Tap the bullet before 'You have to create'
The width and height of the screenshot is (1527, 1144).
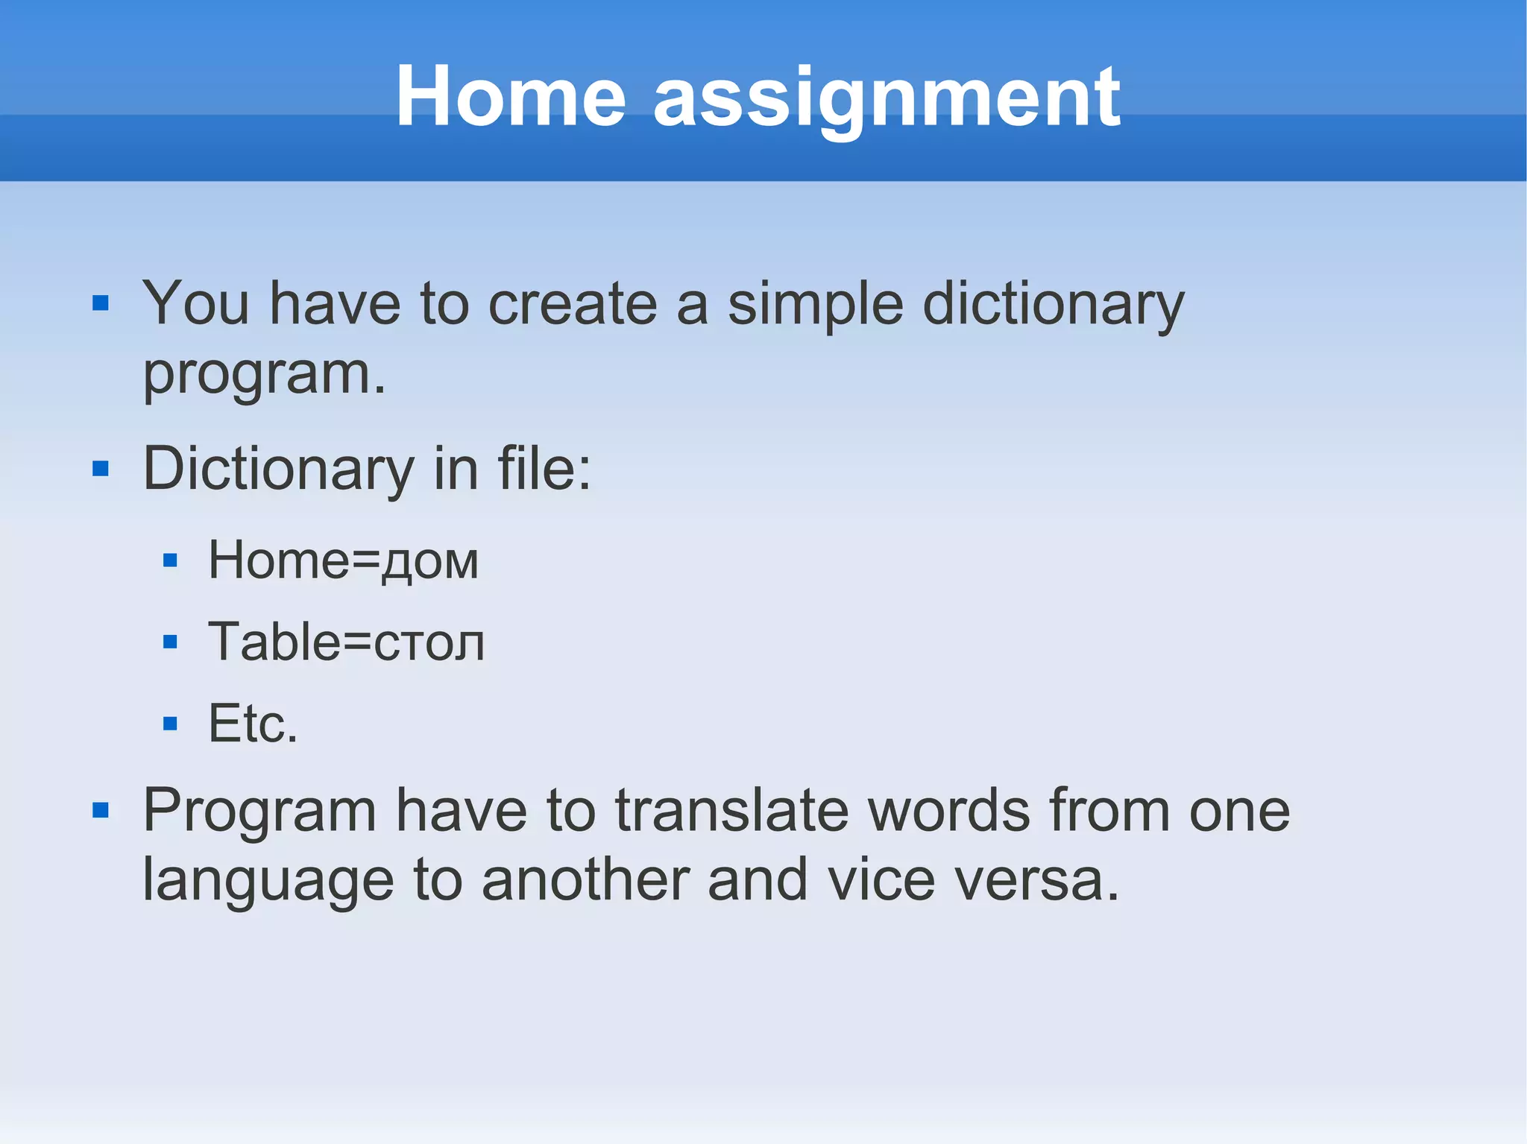[101, 303]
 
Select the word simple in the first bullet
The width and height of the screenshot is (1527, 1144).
[816, 306]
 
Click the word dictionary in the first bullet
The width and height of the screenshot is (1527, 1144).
[1053, 306]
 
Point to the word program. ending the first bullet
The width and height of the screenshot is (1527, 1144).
[265, 375]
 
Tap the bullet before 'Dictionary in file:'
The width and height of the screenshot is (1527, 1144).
[101, 469]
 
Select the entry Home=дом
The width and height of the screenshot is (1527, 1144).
[343, 560]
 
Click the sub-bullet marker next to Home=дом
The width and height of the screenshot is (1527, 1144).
[170, 560]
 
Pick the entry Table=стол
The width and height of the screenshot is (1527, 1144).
[346, 642]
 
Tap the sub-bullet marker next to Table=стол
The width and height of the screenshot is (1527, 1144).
[170, 642]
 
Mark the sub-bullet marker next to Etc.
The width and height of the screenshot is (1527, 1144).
[170, 723]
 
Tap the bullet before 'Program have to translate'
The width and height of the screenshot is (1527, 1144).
[101, 810]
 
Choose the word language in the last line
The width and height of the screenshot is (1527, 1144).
[268, 882]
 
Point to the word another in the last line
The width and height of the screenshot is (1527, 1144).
[585, 880]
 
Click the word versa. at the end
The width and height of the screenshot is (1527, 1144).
[1037, 882]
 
